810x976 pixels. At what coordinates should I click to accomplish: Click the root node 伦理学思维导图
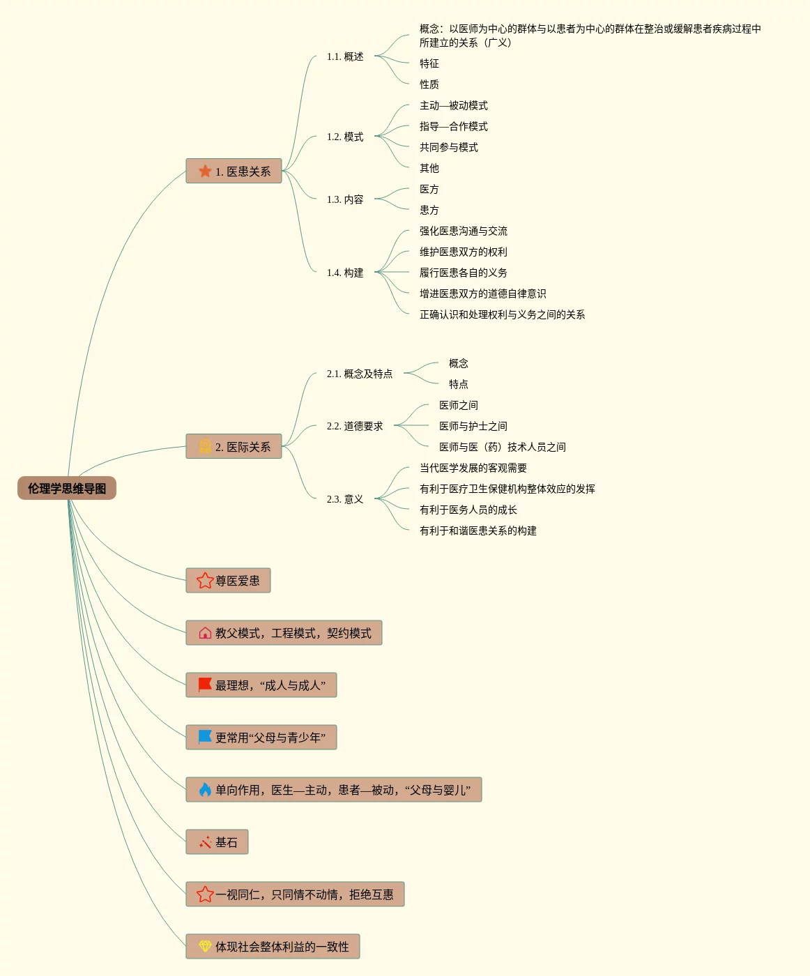67,489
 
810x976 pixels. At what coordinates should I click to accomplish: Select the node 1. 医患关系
234,171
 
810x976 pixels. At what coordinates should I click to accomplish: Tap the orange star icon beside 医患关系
205,171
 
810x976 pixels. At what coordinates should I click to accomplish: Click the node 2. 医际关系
234,447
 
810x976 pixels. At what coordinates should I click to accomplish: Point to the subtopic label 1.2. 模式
345,137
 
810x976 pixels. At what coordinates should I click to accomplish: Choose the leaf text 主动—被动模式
454,105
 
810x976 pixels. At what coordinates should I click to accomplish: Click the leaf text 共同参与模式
449,147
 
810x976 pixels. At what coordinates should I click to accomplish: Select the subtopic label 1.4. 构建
345,273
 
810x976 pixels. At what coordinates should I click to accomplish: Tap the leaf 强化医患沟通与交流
464,231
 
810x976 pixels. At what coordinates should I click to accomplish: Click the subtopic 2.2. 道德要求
355,426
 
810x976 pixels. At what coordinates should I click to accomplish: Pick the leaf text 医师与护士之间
473,426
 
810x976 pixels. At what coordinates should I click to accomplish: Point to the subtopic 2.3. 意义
345,499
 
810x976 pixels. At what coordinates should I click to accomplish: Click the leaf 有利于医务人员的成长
468,510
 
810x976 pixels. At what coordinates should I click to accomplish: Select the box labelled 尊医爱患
228,581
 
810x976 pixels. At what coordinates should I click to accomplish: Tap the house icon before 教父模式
205,633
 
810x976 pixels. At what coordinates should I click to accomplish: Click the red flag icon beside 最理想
205,685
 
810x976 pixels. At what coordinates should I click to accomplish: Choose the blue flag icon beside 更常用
205,737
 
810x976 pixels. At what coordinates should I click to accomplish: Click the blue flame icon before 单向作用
205,790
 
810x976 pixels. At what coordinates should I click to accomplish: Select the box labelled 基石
217,842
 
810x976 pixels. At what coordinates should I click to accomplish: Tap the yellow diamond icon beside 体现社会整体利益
205,946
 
